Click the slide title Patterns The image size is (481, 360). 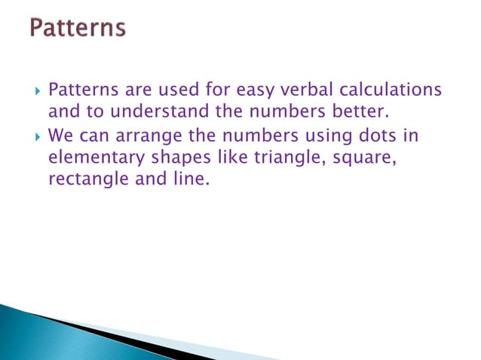click(78, 29)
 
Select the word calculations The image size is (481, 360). click(393, 91)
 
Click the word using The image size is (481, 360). click(317, 136)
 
